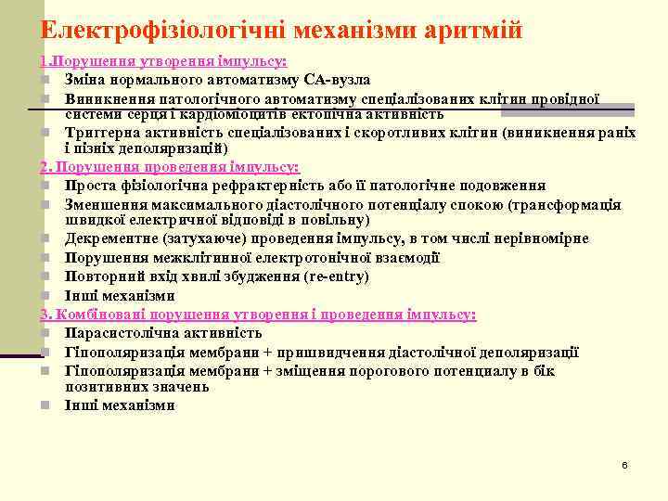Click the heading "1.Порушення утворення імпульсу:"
(163, 61)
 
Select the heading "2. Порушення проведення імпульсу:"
(169, 167)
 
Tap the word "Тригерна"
(96, 133)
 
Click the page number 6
(624, 464)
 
